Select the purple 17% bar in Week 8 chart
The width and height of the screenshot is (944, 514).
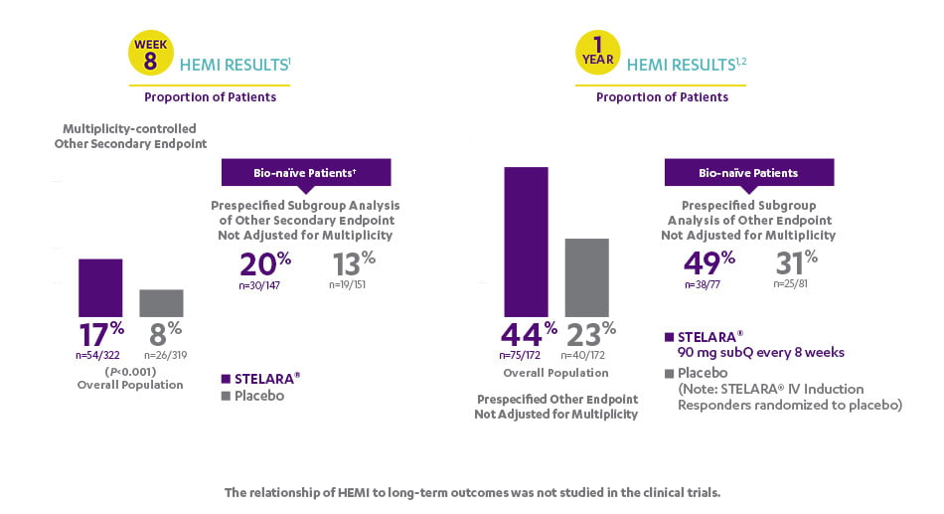click(x=100, y=287)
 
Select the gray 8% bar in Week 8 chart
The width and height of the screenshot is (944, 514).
click(x=161, y=303)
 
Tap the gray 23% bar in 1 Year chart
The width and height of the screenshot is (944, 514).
click(x=586, y=277)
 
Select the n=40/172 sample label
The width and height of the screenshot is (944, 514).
click(x=588, y=354)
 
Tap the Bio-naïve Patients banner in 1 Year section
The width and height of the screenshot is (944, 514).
click(x=748, y=173)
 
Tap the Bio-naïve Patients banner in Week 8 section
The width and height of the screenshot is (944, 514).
click(x=306, y=173)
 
